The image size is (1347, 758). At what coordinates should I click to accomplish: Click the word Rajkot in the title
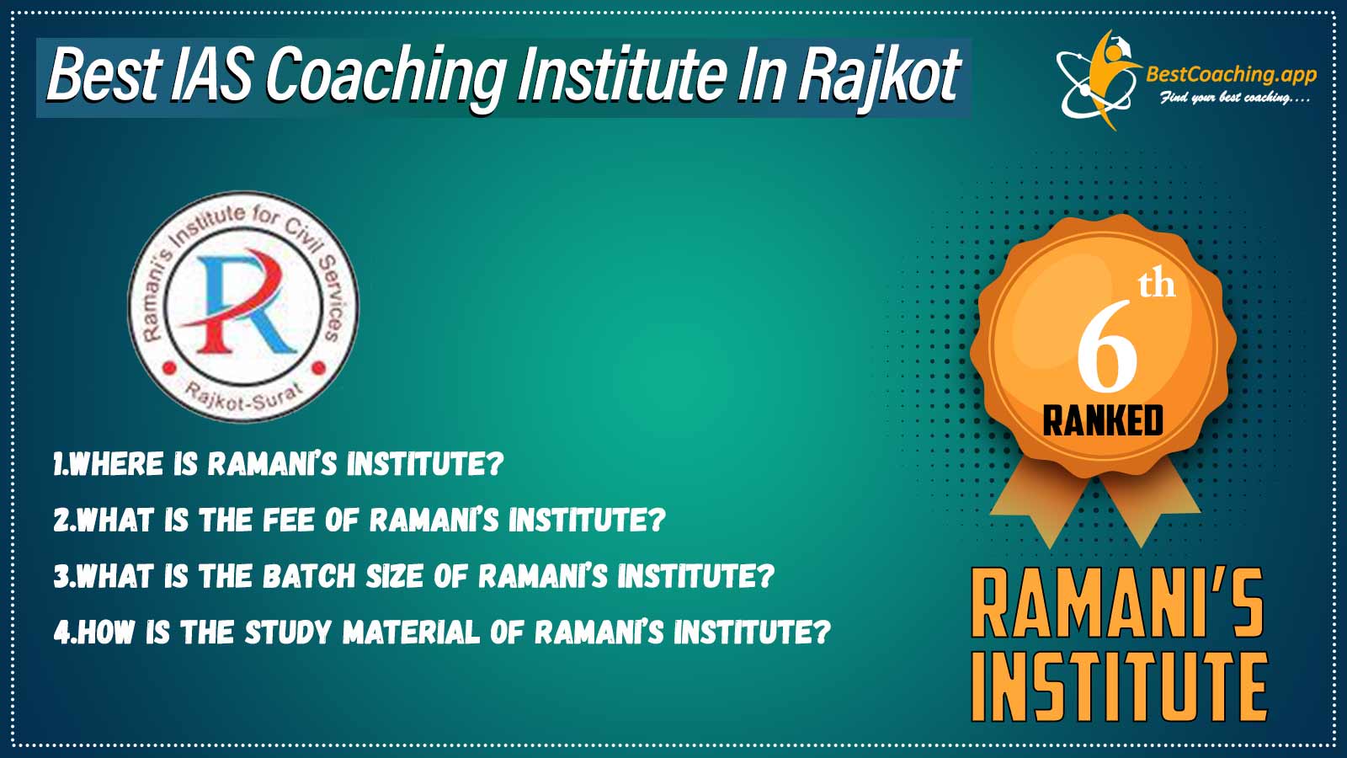coord(879,76)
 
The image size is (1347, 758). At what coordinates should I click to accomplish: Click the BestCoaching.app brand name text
coord(1232,75)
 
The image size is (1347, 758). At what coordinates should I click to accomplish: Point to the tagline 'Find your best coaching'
coord(1234,98)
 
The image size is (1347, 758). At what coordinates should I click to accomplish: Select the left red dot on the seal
coord(169,366)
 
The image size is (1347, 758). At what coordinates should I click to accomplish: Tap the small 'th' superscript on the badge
coord(1157,286)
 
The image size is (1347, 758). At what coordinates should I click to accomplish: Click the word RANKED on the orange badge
coord(1103,420)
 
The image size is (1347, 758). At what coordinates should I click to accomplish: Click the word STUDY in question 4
coord(289,633)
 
